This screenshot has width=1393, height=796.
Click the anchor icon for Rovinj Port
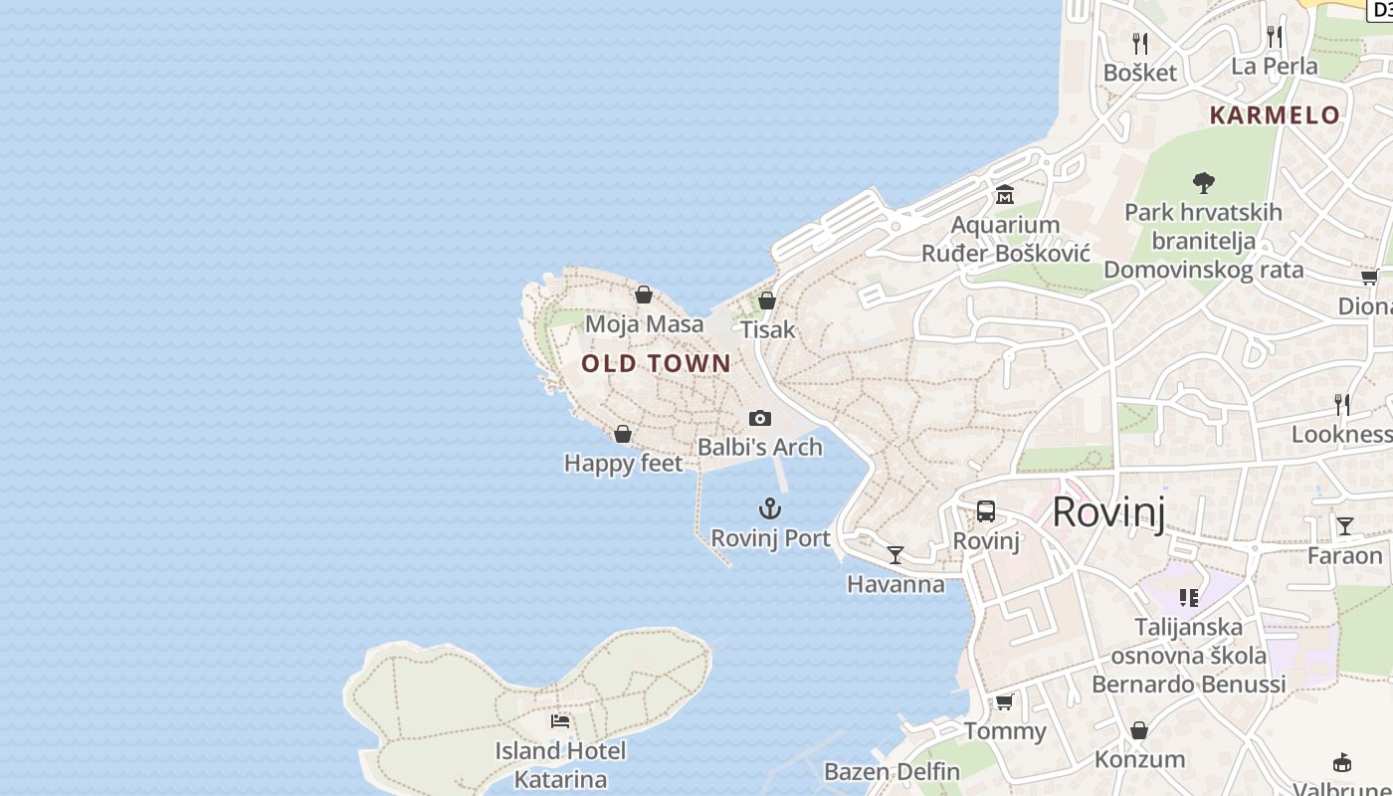[769, 508]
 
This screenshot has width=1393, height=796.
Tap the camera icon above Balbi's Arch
[760, 418]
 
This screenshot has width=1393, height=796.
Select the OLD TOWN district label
[657, 363]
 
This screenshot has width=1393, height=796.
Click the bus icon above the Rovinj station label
[986, 511]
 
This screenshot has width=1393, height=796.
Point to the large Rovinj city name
[1107, 511]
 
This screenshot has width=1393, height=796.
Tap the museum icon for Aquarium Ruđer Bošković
[1005, 194]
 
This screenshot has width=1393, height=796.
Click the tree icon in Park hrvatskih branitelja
[1204, 182]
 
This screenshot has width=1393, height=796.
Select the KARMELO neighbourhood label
[1275, 114]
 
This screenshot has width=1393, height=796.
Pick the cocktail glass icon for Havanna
[895, 554]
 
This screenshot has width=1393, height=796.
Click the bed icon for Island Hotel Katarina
[560, 720]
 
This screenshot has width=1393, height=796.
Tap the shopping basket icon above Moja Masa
[644, 295]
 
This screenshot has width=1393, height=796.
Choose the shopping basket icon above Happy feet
[623, 434]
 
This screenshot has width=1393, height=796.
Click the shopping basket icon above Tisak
[767, 299]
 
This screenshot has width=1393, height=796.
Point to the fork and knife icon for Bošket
[1140, 43]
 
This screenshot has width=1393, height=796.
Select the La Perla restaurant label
[1274, 66]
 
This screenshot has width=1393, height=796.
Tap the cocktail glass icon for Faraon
[1345, 525]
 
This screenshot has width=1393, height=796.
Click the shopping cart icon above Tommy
[1005, 701]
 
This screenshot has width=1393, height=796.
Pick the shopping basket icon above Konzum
[1139, 730]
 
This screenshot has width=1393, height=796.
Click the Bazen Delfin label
[892, 771]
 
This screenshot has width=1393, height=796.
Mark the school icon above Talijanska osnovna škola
[1189, 597]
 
